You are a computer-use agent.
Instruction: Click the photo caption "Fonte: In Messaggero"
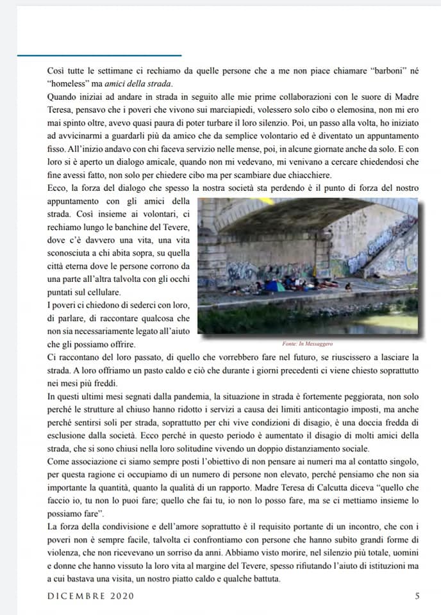(x=307, y=344)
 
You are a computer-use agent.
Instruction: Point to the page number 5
(x=417, y=596)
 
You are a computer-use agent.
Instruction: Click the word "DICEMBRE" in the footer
(x=76, y=596)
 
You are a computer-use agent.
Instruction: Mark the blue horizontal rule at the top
(x=99, y=56)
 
